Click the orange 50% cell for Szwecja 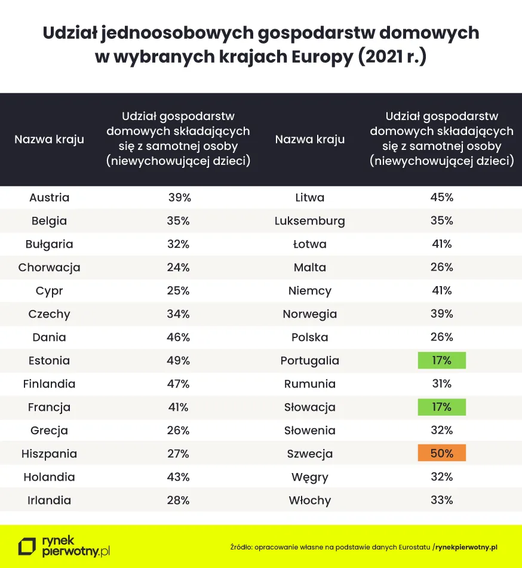click(441, 453)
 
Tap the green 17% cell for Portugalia click(441, 360)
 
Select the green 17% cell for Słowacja click(441, 407)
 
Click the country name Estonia click(49, 360)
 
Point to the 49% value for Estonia click(178, 360)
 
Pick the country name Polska click(309, 337)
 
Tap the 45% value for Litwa click(441, 197)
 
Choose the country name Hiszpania click(49, 453)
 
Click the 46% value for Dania click(178, 337)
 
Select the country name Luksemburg click(309, 220)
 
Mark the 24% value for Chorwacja click(178, 267)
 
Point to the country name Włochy click(309, 500)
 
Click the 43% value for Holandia click(178, 477)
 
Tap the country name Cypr click(49, 290)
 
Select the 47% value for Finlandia click(178, 383)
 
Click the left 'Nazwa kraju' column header click(49, 140)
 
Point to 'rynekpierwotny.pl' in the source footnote click(466, 547)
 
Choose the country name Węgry click(309, 477)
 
